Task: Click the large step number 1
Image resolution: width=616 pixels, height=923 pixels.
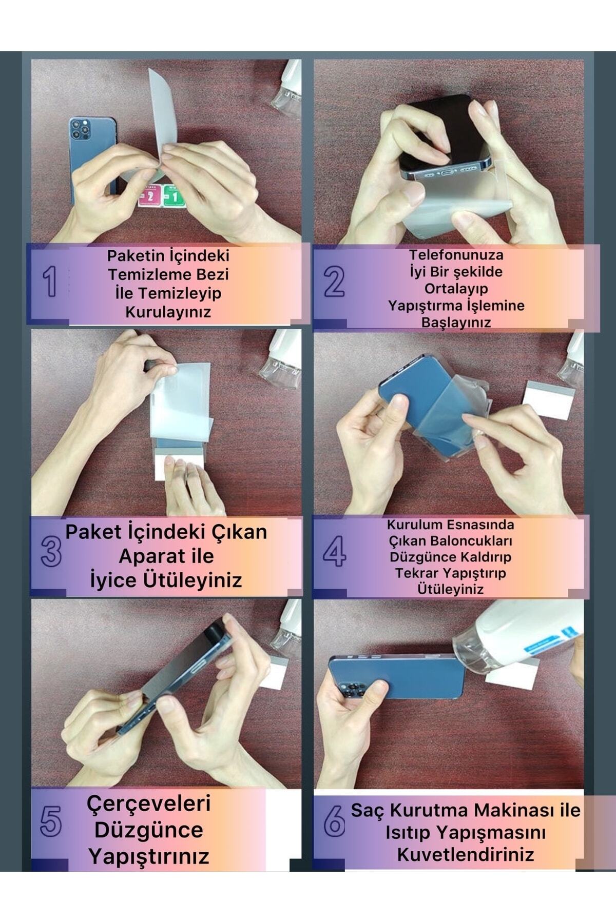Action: point(50,282)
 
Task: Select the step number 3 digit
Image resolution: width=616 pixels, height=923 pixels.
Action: point(51,551)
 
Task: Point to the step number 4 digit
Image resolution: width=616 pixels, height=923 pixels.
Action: point(335,551)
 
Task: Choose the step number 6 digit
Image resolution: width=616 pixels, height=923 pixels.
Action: point(334,820)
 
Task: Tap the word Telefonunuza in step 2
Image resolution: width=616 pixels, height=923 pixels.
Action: point(456,255)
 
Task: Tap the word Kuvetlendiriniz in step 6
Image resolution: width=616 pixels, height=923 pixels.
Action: point(466,855)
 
